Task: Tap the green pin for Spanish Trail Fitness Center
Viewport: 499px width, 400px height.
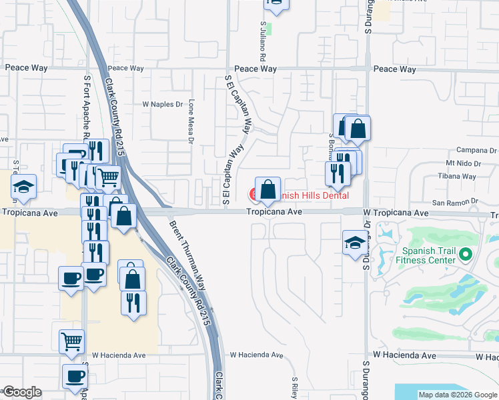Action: click(x=466, y=255)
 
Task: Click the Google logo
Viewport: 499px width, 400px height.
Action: click(x=21, y=392)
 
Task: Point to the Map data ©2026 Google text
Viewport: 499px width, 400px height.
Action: click(x=457, y=395)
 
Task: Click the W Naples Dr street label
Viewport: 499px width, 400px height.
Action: click(x=163, y=105)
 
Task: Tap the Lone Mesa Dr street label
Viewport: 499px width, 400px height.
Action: click(x=191, y=122)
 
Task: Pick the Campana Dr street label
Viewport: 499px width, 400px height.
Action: click(x=473, y=150)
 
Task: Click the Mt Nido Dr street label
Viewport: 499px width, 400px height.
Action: click(x=464, y=163)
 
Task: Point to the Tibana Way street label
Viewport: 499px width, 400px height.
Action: click(x=461, y=177)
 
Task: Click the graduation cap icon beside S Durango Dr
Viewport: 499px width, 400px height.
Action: click(x=354, y=242)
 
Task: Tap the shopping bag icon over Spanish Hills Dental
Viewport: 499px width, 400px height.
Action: click(x=268, y=190)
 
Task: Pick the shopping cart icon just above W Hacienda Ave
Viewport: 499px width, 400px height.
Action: click(x=71, y=341)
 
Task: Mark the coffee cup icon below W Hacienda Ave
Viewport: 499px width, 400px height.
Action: click(x=75, y=376)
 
